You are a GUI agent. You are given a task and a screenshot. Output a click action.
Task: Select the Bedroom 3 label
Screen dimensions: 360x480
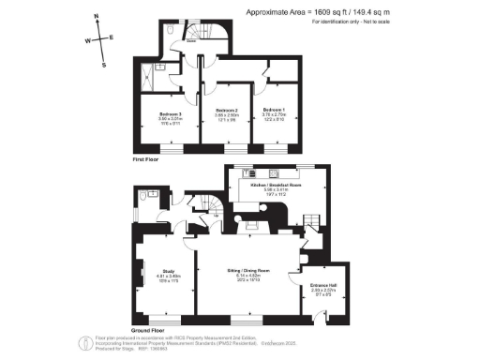pos(170,115)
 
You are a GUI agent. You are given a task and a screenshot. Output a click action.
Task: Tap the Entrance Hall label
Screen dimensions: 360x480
pos(322,288)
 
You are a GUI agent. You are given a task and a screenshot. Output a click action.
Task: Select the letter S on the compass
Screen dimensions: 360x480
pos(105,65)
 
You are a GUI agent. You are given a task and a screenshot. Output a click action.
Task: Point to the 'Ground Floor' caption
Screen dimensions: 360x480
pos(148,330)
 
